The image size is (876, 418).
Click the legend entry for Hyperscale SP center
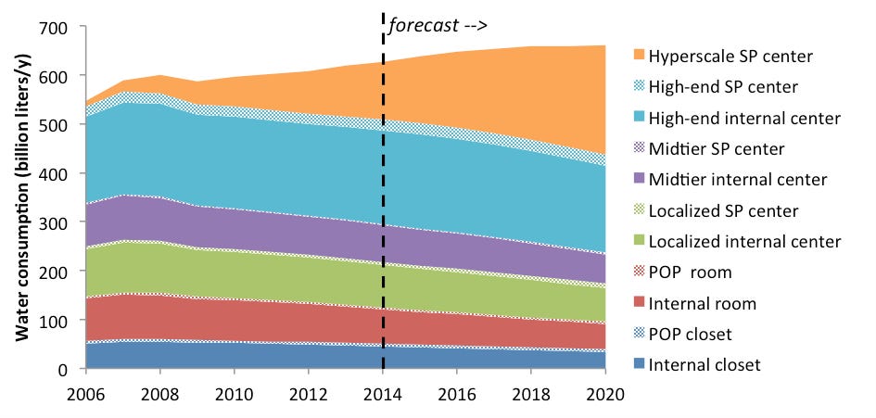(732, 57)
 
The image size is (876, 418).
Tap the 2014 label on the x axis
(383, 392)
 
